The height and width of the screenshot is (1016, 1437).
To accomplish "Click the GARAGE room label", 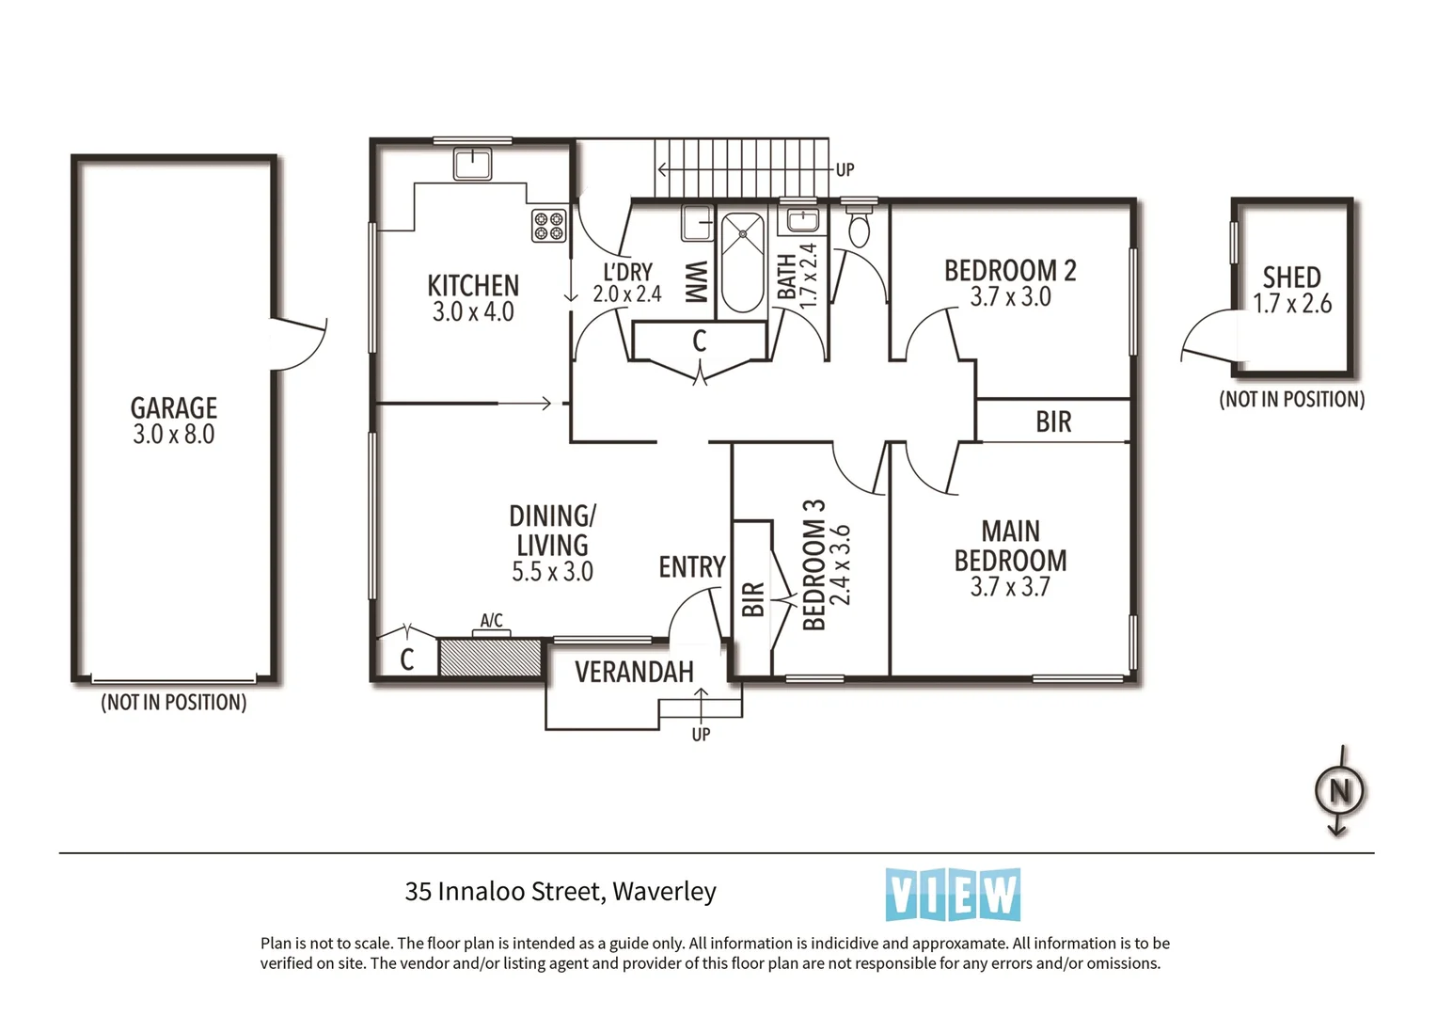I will (x=174, y=407).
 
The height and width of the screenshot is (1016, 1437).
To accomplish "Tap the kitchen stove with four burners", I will (x=548, y=225).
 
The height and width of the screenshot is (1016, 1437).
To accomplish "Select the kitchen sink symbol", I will (x=472, y=164).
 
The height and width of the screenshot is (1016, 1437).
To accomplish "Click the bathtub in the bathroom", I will (x=742, y=262).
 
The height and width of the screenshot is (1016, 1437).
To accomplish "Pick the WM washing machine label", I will (x=696, y=281).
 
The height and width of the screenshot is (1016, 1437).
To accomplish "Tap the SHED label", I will (x=1291, y=278).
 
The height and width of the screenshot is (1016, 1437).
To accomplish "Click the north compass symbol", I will (x=1339, y=791).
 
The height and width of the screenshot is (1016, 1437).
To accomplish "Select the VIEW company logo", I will (x=953, y=895).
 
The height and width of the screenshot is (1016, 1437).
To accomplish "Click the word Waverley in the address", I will (x=664, y=891).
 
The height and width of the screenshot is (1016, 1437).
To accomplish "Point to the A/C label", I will (x=491, y=621).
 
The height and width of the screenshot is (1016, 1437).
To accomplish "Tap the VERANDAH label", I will (x=634, y=672).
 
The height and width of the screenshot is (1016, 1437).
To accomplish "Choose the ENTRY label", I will (x=691, y=567).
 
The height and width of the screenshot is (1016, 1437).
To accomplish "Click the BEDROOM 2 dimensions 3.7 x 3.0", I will (x=1010, y=297).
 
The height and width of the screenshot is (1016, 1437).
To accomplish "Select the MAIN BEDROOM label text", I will (x=1010, y=546).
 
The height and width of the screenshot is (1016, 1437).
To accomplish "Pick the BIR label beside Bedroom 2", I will (x=1053, y=421).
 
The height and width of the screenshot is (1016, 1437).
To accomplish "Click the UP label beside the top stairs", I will (x=845, y=170).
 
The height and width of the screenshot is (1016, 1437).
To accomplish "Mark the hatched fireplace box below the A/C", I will (x=490, y=657).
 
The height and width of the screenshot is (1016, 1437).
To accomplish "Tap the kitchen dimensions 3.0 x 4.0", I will (x=473, y=312).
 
